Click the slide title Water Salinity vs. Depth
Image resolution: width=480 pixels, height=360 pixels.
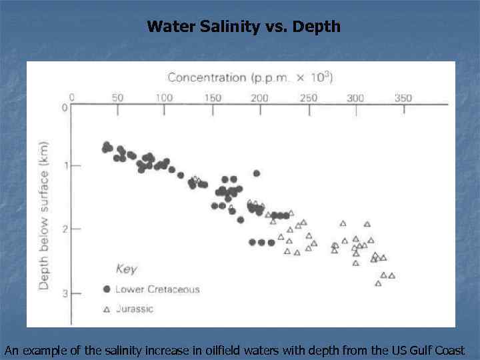tap(243, 27)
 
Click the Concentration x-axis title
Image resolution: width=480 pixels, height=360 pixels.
tap(250, 77)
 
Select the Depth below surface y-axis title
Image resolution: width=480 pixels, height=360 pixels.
tap(44, 215)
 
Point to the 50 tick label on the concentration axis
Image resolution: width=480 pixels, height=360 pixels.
tap(117, 98)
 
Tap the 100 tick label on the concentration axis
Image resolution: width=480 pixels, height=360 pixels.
tap(164, 98)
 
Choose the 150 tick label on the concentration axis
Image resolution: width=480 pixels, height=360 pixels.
tap(212, 98)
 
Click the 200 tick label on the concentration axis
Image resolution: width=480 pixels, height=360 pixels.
tap(259, 98)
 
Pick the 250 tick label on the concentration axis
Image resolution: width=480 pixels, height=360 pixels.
tap(308, 98)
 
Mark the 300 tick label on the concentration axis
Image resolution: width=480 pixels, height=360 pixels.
tap(355, 98)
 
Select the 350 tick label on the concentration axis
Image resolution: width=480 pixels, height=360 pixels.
tap(403, 98)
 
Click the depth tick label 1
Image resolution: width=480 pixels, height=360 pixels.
tap(65, 165)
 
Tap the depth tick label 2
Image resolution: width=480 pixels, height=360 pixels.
tap(65, 229)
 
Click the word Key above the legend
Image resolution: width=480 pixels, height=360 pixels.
tap(126, 269)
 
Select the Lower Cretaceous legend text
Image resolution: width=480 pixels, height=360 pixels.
tap(157, 289)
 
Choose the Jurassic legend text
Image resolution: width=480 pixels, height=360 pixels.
tap(134, 309)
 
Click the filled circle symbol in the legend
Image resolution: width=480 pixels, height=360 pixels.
tap(106, 289)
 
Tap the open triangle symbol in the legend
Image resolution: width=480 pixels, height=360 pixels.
tap(106, 309)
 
